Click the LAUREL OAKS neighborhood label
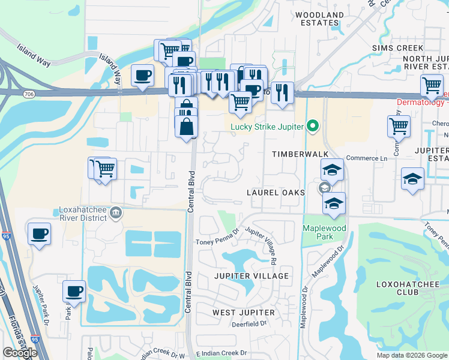[276, 193]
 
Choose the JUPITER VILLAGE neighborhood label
[252, 276]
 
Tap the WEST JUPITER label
[244, 313]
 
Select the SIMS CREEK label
[398, 47]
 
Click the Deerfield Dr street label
[248, 325]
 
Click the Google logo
[20, 353]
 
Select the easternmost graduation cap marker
[412, 178]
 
